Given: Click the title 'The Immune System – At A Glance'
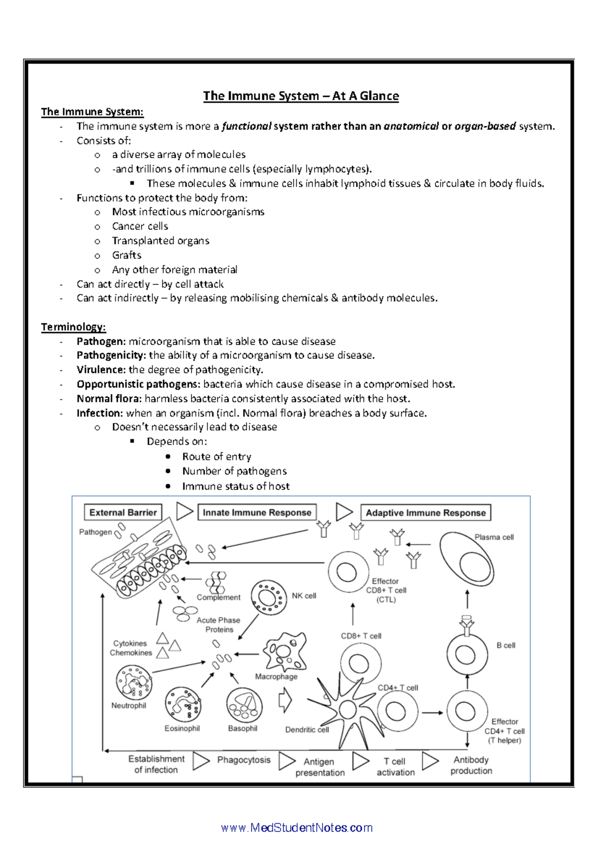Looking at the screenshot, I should (x=300, y=96).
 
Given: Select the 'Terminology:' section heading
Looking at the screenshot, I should (x=73, y=327).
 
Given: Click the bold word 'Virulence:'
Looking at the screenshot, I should (x=101, y=370).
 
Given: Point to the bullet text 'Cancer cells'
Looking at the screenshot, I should (x=140, y=226).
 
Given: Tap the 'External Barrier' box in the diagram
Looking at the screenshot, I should (x=123, y=512).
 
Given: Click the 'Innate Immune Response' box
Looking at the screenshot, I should (x=257, y=512).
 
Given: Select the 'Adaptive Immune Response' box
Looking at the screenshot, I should (x=426, y=513).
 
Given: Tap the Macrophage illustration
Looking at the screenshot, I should (x=285, y=652).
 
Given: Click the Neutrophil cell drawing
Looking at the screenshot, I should (x=134, y=682).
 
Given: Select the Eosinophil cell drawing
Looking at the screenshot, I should (x=183, y=704).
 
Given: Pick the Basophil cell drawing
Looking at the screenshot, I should (x=244, y=705).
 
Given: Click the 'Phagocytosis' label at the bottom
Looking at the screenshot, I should (x=244, y=760).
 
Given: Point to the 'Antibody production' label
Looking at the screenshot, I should (x=471, y=765).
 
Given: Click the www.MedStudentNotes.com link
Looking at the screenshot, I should (x=297, y=828).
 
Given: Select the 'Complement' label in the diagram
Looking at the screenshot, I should (x=218, y=598).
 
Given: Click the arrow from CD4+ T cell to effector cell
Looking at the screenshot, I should (x=433, y=713).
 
